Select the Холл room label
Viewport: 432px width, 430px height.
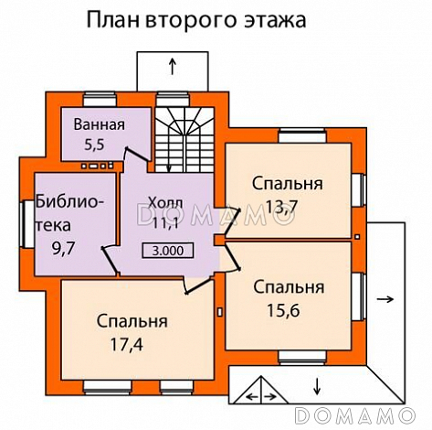[164, 201]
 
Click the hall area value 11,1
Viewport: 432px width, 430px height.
[165, 220]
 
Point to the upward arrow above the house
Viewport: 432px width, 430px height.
[173, 66]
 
